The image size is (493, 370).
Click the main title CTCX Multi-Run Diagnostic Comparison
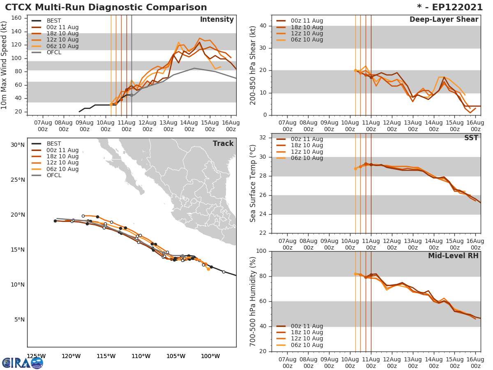click(106, 7)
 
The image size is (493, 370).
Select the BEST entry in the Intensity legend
click(53, 21)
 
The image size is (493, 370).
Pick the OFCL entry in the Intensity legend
click(54, 53)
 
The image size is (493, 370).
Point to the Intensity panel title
click(217, 20)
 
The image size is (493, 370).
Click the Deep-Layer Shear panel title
click(444, 20)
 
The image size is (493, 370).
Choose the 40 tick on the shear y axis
click(263, 26)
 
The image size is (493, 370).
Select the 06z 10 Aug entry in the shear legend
click(306, 40)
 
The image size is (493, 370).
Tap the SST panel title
click(471, 138)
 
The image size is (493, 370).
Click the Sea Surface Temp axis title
click(253, 183)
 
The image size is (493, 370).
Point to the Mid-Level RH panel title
click(453, 256)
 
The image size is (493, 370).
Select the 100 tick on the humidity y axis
click(261, 251)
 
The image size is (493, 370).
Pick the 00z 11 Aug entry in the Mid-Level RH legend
click(306, 326)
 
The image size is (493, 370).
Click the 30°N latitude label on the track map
click(18, 145)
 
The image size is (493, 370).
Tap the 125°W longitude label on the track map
click(36, 356)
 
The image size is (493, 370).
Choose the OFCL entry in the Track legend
click(54, 176)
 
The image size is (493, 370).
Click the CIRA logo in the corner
click(23, 363)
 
